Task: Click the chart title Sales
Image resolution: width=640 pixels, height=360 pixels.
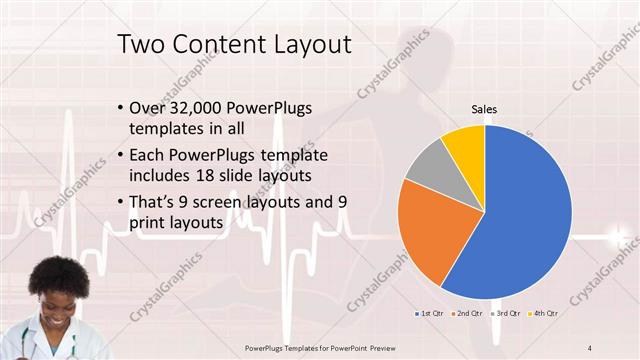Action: point(484,109)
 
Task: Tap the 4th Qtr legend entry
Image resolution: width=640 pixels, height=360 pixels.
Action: point(544,313)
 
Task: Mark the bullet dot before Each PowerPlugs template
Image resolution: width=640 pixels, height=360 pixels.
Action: point(121,156)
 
